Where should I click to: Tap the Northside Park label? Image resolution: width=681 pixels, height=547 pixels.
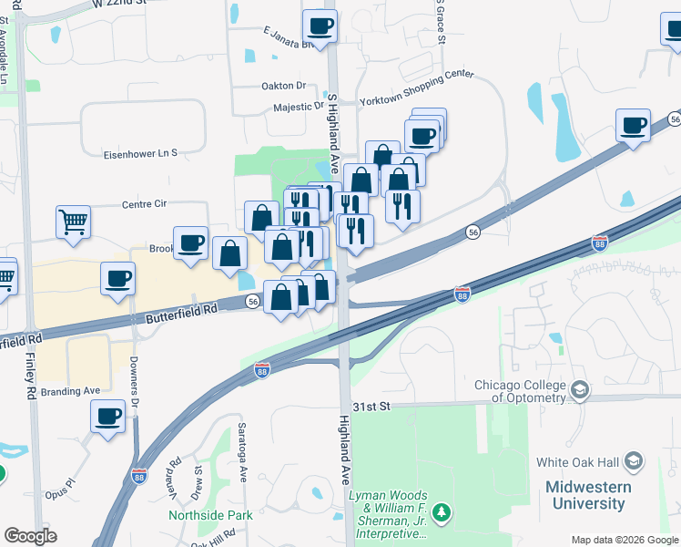click(x=210, y=515)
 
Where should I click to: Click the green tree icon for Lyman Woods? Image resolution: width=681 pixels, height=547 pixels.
click(x=442, y=513)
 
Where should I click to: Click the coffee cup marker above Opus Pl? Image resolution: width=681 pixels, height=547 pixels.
click(x=107, y=418)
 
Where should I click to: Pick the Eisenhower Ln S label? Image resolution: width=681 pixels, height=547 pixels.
click(x=140, y=153)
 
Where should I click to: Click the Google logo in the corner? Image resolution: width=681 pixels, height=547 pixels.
click(x=30, y=536)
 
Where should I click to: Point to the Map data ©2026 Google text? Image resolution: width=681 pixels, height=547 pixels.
click(x=624, y=540)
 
